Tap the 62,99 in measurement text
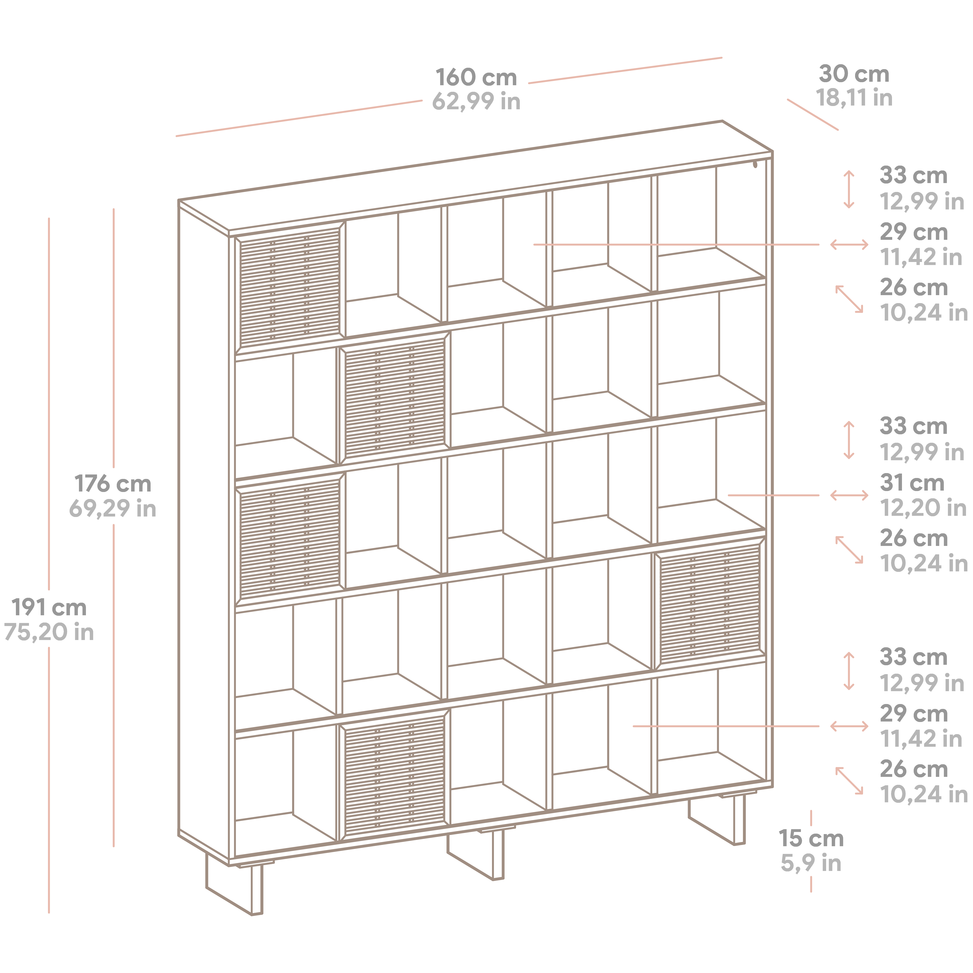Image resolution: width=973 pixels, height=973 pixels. [x=476, y=101]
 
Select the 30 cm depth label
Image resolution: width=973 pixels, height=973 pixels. [x=854, y=74]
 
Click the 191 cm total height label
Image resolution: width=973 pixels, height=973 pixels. [x=49, y=607]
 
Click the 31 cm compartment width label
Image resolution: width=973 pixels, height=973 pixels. [x=912, y=482]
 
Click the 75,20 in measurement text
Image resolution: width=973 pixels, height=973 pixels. [x=49, y=632]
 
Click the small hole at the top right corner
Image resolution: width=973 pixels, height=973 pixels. [x=755, y=164]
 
